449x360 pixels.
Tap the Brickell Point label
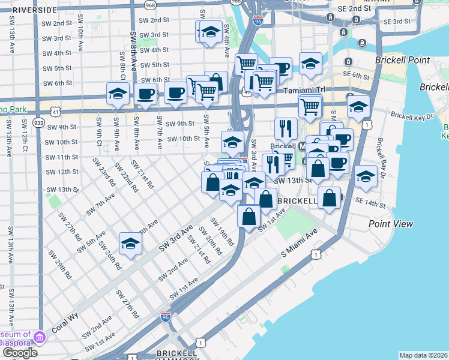402,60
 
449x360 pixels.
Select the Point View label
391,224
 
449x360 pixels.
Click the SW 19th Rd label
223,232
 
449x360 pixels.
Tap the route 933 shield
39,123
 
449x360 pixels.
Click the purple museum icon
40,337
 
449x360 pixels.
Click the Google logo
19,352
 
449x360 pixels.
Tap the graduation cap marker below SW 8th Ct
118,94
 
